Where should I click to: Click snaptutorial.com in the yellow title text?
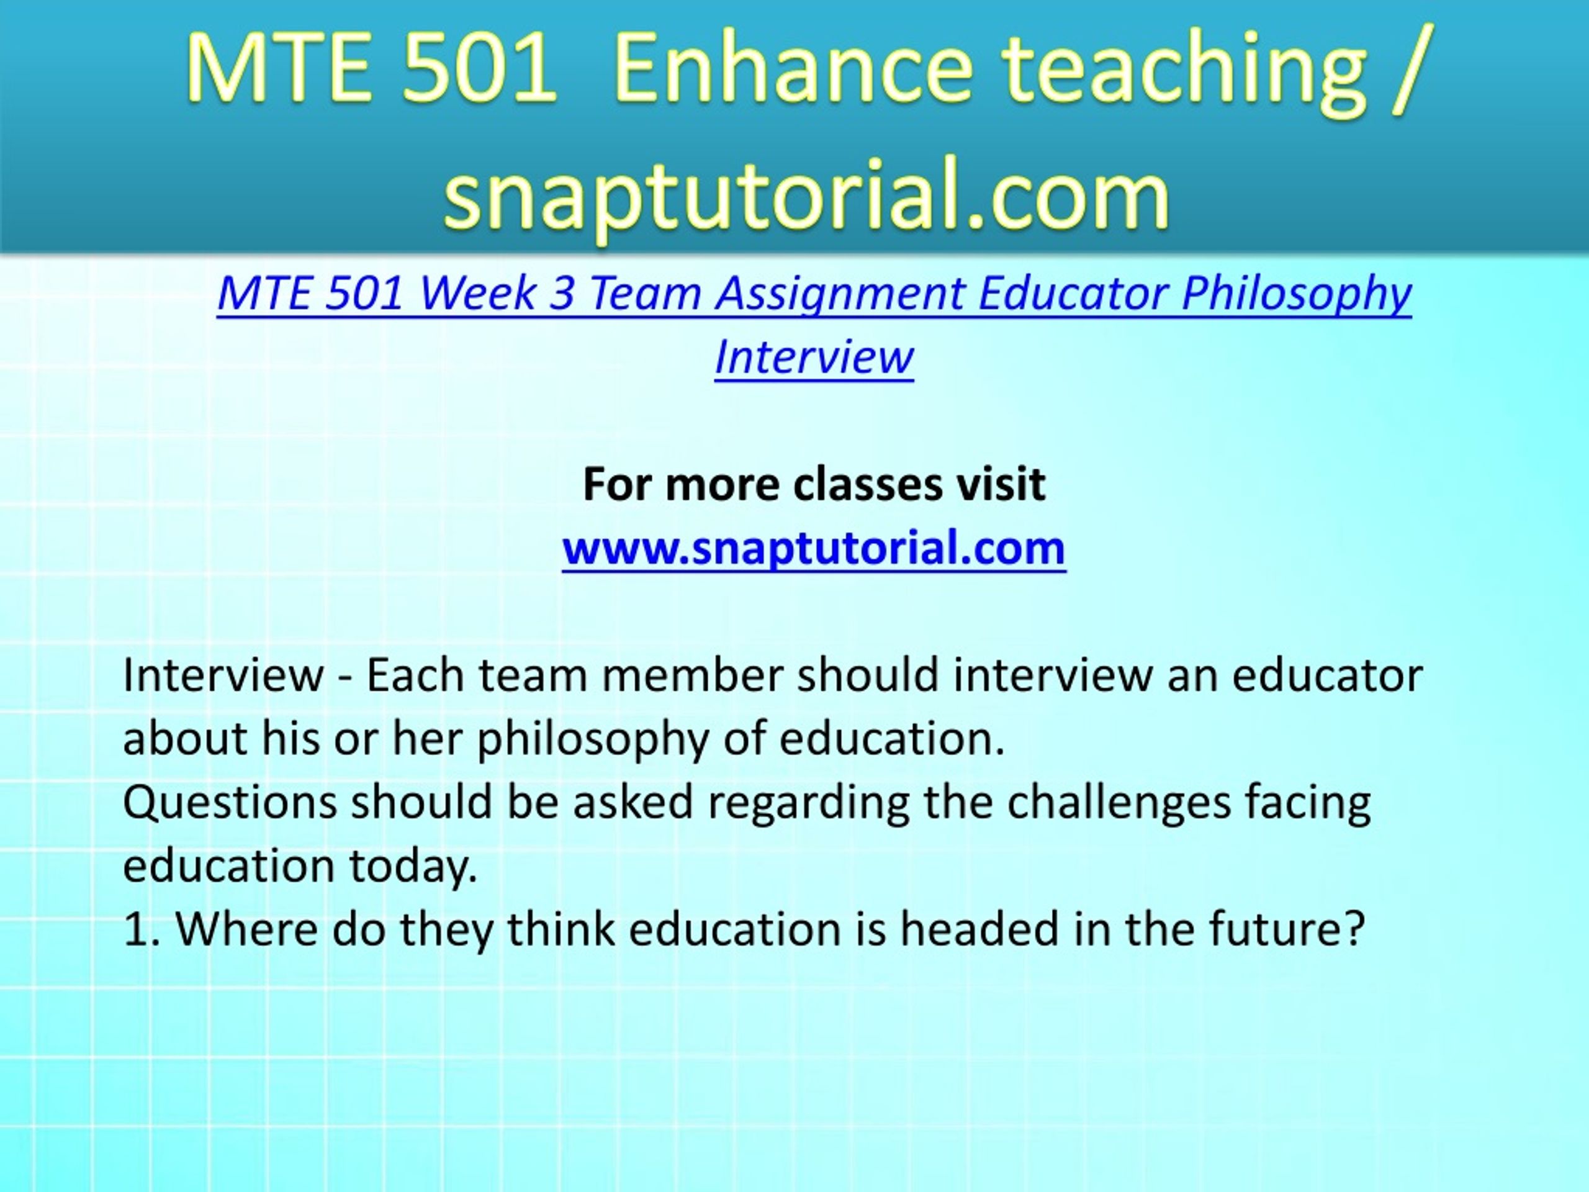(808, 194)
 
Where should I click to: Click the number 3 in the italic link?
(560, 294)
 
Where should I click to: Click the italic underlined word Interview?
(814, 356)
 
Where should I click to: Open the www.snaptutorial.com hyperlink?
(814, 548)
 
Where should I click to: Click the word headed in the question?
(981, 928)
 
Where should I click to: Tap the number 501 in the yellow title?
(480, 70)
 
